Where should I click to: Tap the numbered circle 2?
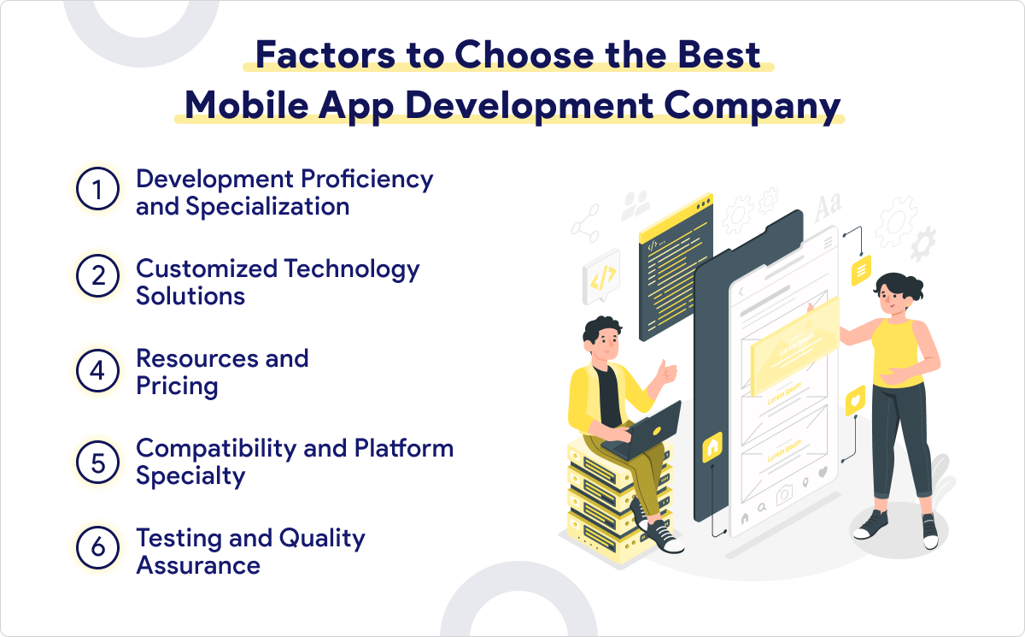click(x=97, y=280)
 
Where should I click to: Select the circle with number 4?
click(x=97, y=370)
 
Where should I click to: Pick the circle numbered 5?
click(x=97, y=461)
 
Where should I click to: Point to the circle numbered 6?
click(x=97, y=551)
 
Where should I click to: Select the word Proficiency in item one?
click(x=368, y=179)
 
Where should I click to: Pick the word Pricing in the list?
click(x=177, y=386)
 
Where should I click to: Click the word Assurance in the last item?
click(x=198, y=565)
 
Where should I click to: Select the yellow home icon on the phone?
click(x=712, y=446)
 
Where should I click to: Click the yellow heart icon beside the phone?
click(x=854, y=398)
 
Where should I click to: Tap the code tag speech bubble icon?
click(x=600, y=278)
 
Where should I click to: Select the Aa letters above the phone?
click(x=827, y=206)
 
